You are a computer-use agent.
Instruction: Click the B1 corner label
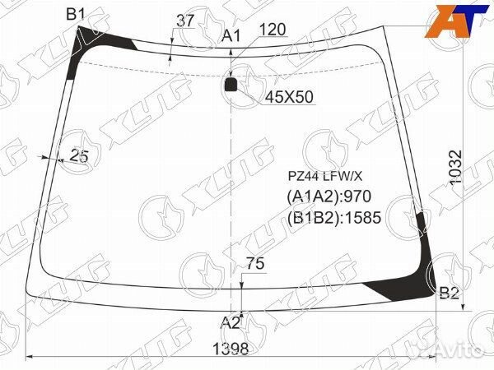76,15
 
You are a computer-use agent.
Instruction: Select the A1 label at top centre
231,36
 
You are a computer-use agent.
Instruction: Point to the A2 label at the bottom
230,322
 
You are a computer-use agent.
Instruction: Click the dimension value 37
185,21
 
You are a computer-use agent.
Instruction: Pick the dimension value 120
273,30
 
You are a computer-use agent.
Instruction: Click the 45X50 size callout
289,97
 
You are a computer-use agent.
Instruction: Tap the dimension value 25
79,155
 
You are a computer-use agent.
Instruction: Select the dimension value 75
255,263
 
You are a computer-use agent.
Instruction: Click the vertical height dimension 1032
455,168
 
